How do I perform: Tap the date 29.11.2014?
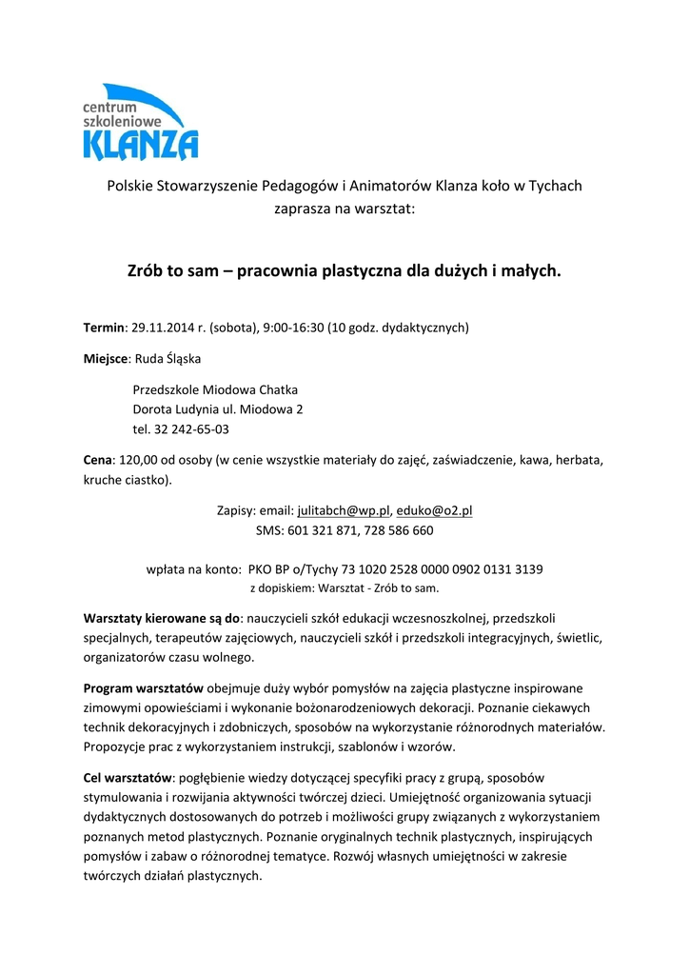[x=163, y=328]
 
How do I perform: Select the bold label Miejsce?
[x=106, y=359]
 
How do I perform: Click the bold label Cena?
[x=98, y=460]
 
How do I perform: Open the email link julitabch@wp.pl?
[x=344, y=510]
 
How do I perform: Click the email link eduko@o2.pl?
[x=434, y=510]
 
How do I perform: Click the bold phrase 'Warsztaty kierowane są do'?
[x=162, y=617]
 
